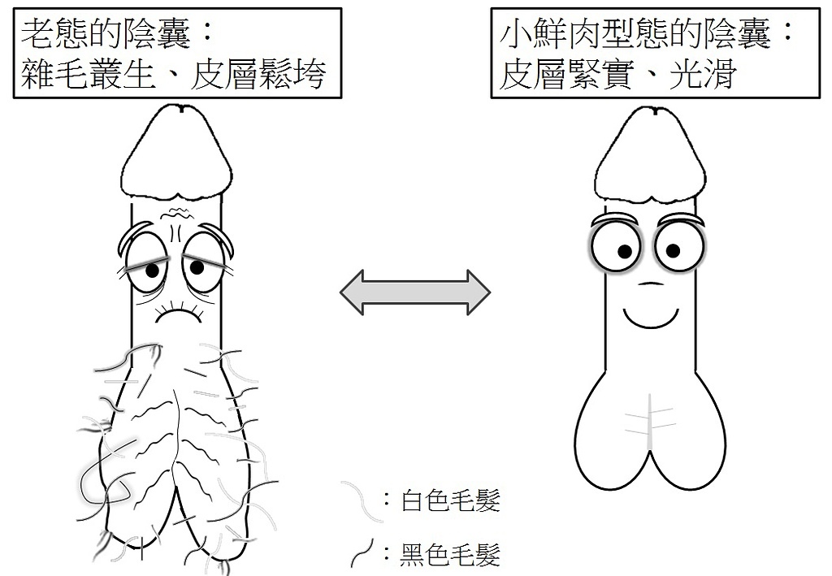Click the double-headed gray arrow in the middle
[415, 292]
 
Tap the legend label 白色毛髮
[450, 500]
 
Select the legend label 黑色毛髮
[450, 554]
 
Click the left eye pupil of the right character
[625, 250]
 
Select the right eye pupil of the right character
[673, 250]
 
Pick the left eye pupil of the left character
[152, 271]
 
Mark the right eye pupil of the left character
[197, 268]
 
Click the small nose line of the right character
[650, 284]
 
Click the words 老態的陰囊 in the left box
[106, 35]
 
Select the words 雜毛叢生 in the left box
[89, 75]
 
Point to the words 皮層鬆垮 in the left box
[258, 75]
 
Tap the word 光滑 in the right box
[702, 75]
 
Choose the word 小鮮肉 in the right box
[550, 35]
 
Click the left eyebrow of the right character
[616, 219]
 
